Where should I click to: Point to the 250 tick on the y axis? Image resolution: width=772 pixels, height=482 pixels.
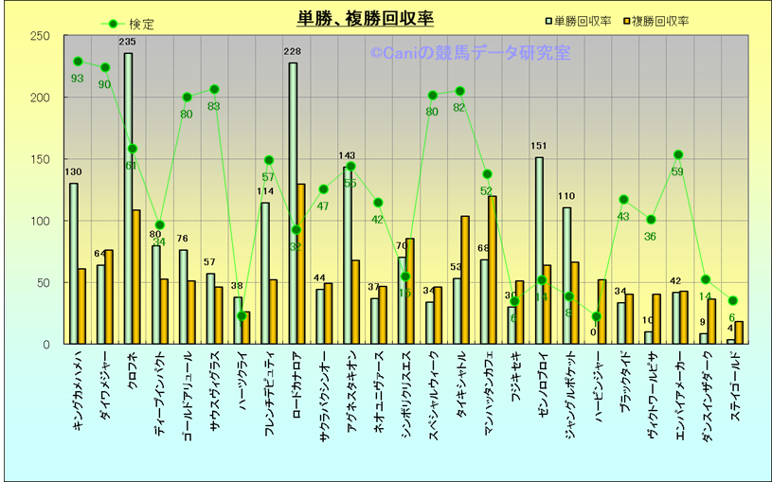[x=41, y=37]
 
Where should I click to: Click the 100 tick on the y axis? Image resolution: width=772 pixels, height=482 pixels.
[x=41, y=222]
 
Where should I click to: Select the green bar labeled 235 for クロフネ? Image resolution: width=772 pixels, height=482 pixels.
[x=128, y=198]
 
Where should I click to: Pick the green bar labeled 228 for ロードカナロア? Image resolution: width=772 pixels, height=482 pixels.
[x=293, y=203]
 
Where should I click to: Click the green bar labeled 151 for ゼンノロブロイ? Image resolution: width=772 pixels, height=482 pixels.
[x=539, y=250]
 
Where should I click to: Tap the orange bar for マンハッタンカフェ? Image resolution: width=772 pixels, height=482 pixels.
[x=493, y=270]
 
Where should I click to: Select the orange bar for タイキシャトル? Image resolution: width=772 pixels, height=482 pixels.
[x=465, y=279]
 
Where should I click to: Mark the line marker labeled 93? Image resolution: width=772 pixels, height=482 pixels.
[x=78, y=62]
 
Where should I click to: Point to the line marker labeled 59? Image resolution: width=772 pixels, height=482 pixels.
[x=678, y=154]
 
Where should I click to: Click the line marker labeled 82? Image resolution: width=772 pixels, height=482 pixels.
[x=460, y=91]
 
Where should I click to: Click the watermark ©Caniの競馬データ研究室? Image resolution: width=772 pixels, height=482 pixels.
[x=470, y=54]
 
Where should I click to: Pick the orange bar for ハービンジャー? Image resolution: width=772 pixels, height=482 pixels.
[x=601, y=312]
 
